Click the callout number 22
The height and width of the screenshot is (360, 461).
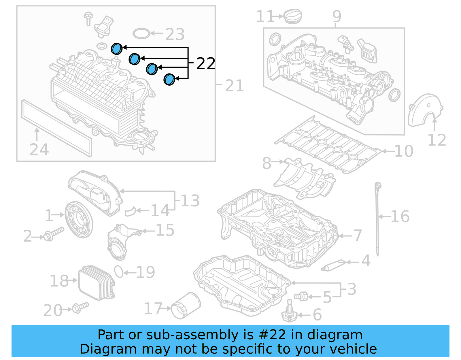tap(206, 63)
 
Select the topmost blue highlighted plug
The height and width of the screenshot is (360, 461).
tap(117, 49)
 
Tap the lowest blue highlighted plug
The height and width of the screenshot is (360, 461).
tap(169, 79)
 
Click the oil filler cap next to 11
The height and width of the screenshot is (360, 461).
tap(293, 16)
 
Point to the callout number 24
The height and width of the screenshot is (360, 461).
tap(39, 150)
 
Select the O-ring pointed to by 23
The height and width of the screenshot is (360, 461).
tap(141, 33)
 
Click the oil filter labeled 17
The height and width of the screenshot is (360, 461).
tap(186, 306)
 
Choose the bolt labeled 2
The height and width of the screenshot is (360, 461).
tap(54, 233)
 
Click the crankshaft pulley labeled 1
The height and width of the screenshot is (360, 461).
tap(79, 220)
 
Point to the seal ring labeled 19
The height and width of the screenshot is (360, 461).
tap(119, 272)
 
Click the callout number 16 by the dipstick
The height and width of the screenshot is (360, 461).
tap(400, 216)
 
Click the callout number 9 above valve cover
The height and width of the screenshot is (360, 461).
tap(337, 16)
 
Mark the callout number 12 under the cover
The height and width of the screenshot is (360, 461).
tap(437, 140)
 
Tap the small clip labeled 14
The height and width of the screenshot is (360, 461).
tap(130, 211)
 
